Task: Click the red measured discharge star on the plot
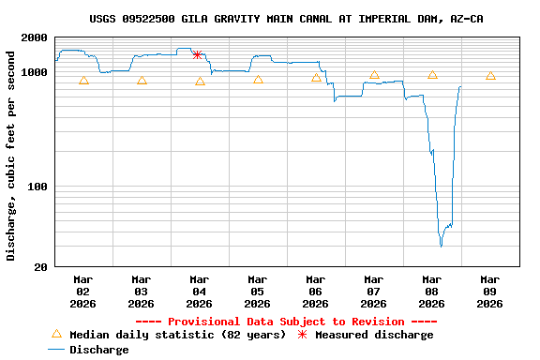[197, 55]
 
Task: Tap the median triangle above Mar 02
[83, 81]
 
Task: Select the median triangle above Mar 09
[490, 76]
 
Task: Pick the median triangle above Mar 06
[316, 78]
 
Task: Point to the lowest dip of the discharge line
[441, 246]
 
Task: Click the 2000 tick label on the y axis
[34, 38]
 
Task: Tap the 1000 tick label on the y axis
[34, 72]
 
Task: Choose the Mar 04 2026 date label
[199, 292]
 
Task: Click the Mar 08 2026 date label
[431, 292]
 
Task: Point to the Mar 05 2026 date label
[257, 292]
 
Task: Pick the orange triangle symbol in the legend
[56, 334]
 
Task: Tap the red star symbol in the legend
[302, 335]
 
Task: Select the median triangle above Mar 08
[432, 75]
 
